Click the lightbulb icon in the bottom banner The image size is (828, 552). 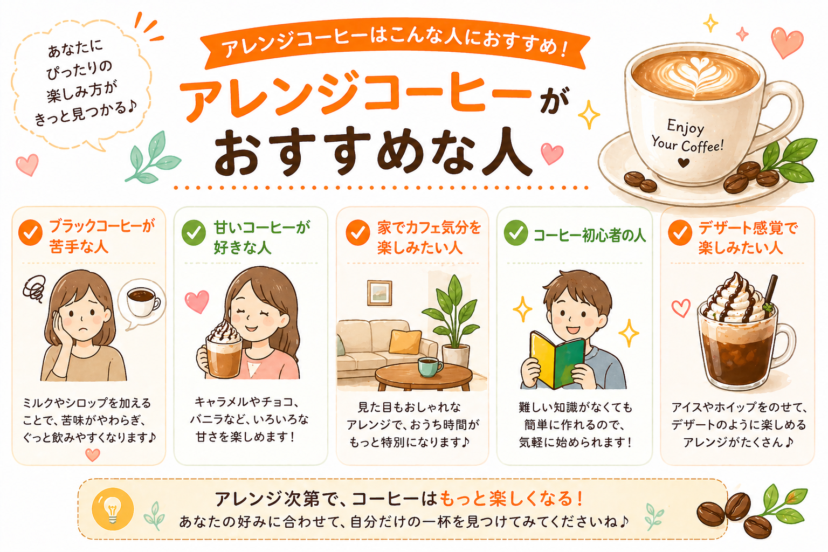[x=113, y=509]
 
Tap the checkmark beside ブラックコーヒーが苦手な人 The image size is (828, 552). [x=31, y=232]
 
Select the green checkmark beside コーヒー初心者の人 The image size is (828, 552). [x=516, y=232]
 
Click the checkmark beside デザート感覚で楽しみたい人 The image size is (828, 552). [x=680, y=232]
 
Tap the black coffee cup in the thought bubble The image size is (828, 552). [x=143, y=302]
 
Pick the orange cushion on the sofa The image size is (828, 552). [x=405, y=341]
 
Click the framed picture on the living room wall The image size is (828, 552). [x=379, y=293]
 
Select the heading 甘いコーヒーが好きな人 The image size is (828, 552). [x=261, y=237]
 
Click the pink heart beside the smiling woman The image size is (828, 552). [x=197, y=301]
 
